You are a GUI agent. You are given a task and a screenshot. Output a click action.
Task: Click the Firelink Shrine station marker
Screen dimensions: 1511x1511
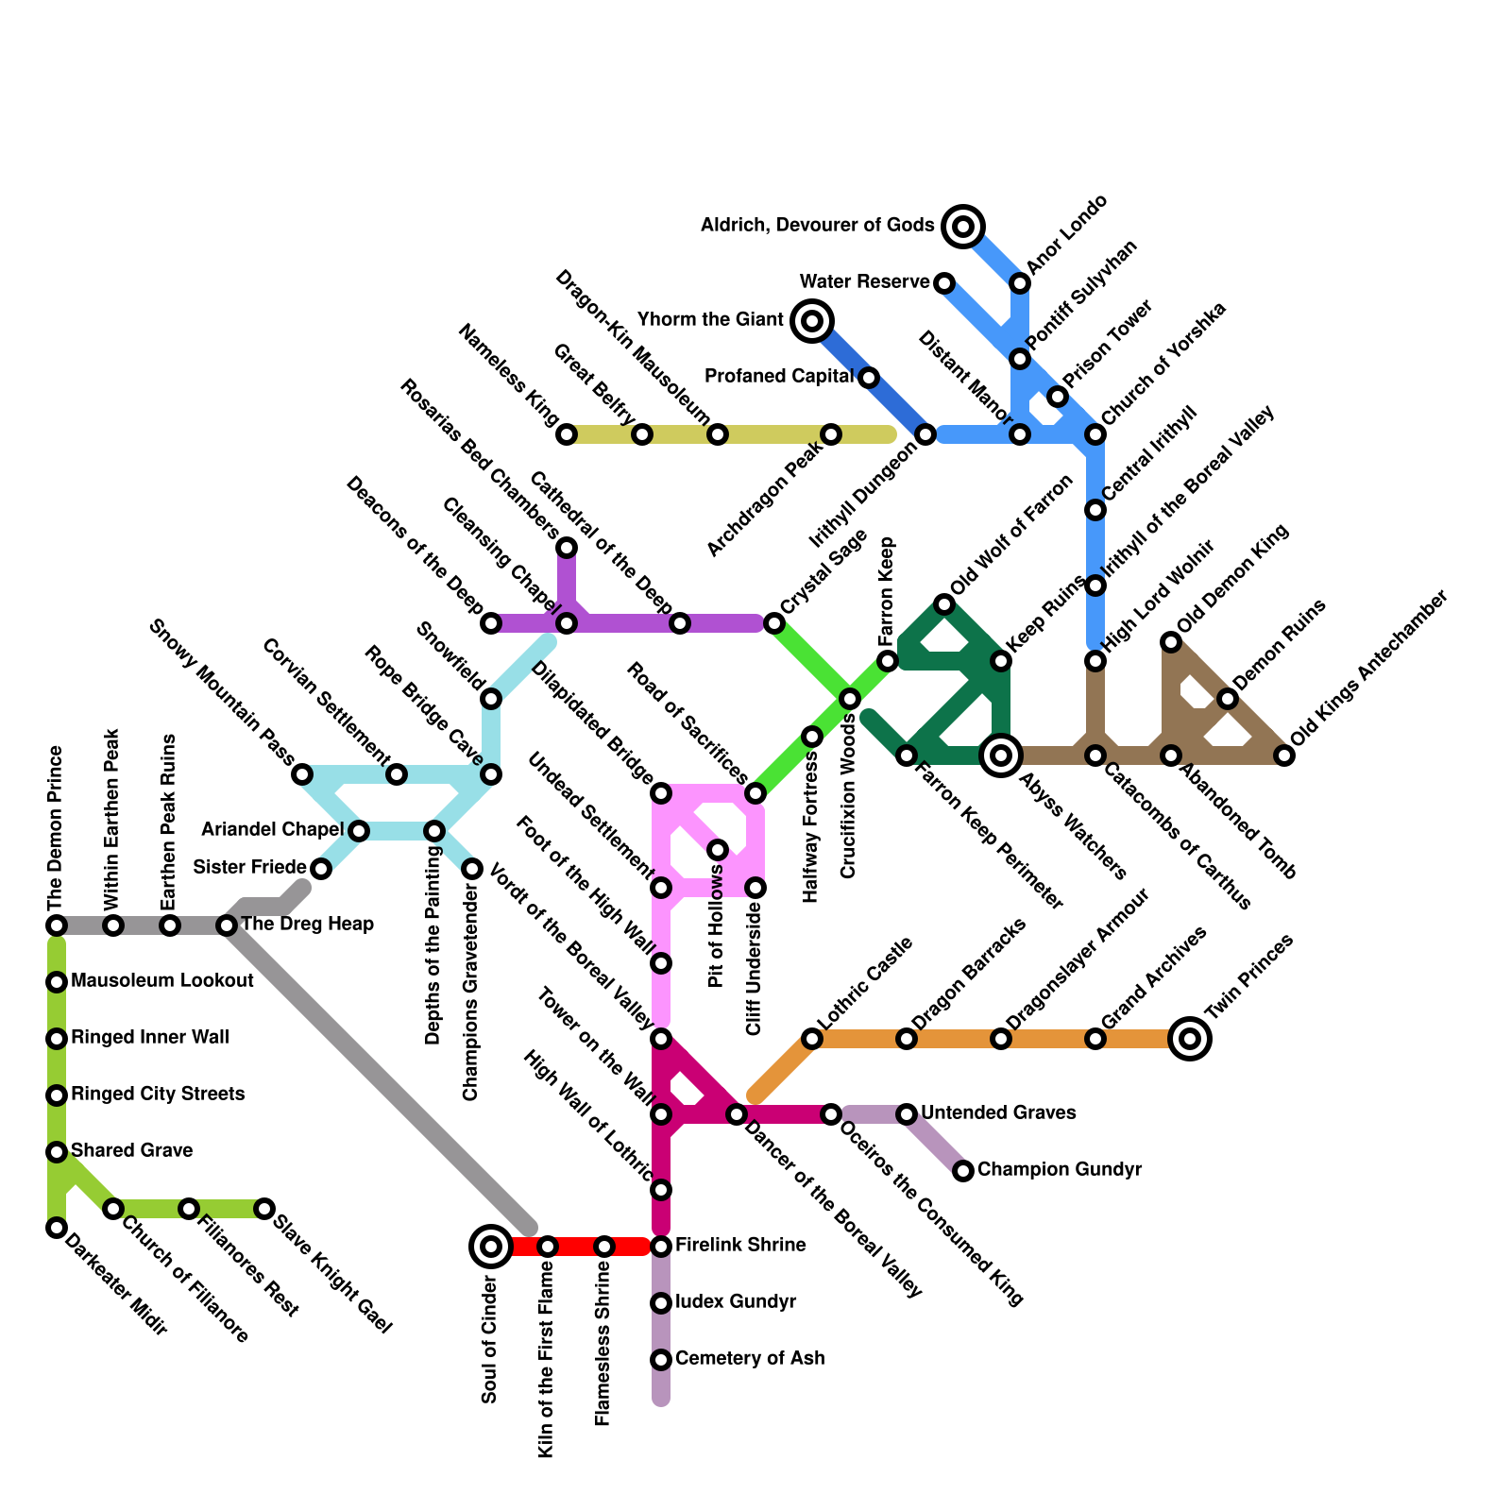661,1247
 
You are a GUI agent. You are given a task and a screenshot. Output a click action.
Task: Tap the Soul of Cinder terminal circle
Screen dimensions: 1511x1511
490,1247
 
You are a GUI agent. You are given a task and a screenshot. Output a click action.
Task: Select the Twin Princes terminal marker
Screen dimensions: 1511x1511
1190,1039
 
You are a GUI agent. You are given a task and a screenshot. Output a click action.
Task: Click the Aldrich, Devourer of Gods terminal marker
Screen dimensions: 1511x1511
962,226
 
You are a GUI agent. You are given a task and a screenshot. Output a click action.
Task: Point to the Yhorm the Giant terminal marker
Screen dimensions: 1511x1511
811,321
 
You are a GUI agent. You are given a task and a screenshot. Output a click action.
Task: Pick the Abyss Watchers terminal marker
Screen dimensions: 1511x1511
1001,755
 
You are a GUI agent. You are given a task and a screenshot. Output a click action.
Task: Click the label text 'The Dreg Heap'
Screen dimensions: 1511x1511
308,924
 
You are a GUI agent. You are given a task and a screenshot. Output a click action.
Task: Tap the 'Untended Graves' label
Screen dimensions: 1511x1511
998,1112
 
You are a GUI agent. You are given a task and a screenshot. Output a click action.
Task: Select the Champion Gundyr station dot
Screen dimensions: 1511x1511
962,1171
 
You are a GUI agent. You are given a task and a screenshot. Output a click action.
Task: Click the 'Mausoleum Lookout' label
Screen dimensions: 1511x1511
162,980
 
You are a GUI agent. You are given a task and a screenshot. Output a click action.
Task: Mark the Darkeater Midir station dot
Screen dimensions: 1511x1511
57,1228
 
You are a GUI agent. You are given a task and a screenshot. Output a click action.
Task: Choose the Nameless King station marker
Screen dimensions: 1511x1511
566,434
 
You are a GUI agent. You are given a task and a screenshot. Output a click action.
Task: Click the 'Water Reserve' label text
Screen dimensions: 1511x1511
864,281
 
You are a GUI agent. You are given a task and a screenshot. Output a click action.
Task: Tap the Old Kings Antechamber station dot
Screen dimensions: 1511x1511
1283,755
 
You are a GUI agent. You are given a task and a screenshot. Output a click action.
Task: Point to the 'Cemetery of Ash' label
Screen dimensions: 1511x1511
750,1358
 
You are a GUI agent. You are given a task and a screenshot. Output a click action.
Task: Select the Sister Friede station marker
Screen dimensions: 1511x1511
321,869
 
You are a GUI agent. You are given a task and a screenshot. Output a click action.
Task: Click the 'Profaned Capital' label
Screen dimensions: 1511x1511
779,376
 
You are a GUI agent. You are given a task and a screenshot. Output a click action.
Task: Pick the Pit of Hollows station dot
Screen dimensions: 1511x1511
718,850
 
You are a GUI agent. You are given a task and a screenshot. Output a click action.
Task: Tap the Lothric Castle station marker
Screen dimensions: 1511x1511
811,1039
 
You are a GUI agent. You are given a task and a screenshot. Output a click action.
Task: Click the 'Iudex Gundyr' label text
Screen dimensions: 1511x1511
736,1301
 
